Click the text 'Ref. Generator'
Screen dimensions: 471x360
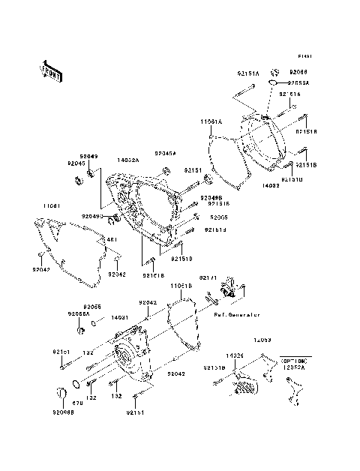tap(236, 315)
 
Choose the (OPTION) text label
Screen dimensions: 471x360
tap(293, 361)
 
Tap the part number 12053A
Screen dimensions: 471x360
tap(293, 368)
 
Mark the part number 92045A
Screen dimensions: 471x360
tap(165, 152)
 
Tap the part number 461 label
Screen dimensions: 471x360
tap(112, 240)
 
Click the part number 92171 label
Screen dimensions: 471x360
tap(208, 278)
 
